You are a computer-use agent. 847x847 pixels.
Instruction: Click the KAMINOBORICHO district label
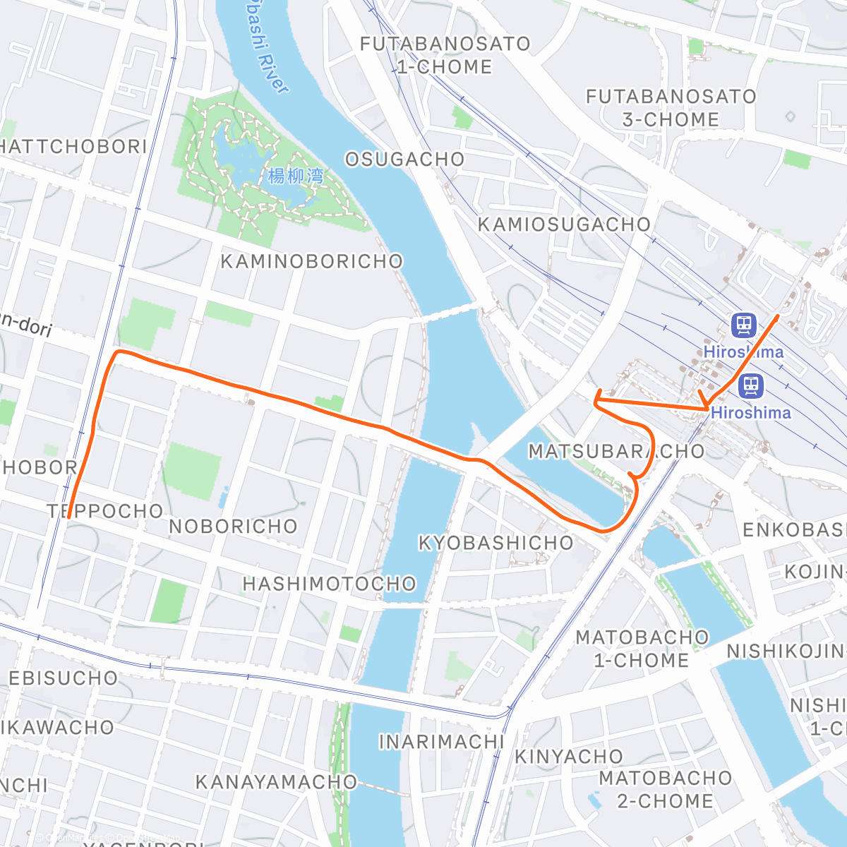311,262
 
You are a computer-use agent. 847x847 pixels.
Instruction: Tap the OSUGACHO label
404,160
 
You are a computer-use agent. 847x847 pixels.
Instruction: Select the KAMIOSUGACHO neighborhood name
564,224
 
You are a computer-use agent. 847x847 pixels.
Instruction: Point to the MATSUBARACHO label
616,452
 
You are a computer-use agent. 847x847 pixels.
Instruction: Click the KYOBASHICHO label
495,543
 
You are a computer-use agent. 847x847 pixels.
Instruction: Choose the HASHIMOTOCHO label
329,584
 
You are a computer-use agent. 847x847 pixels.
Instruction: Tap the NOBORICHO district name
233,527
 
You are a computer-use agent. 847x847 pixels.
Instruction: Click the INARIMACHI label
441,742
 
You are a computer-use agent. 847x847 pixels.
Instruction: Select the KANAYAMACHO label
276,782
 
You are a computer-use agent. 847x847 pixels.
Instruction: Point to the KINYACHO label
568,757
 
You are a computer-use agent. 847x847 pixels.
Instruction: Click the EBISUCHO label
63,678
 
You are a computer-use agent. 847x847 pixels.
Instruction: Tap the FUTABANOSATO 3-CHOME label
671,108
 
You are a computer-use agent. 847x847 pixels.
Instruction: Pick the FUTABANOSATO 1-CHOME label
445,55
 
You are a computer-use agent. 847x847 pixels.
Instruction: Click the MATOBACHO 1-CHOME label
641,649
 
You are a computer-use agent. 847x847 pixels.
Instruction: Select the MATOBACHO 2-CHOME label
665,789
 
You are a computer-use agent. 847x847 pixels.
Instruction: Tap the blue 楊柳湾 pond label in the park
296,176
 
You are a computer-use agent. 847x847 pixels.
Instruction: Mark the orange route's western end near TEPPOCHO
68,517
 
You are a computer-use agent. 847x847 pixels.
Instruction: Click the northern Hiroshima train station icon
743,325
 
